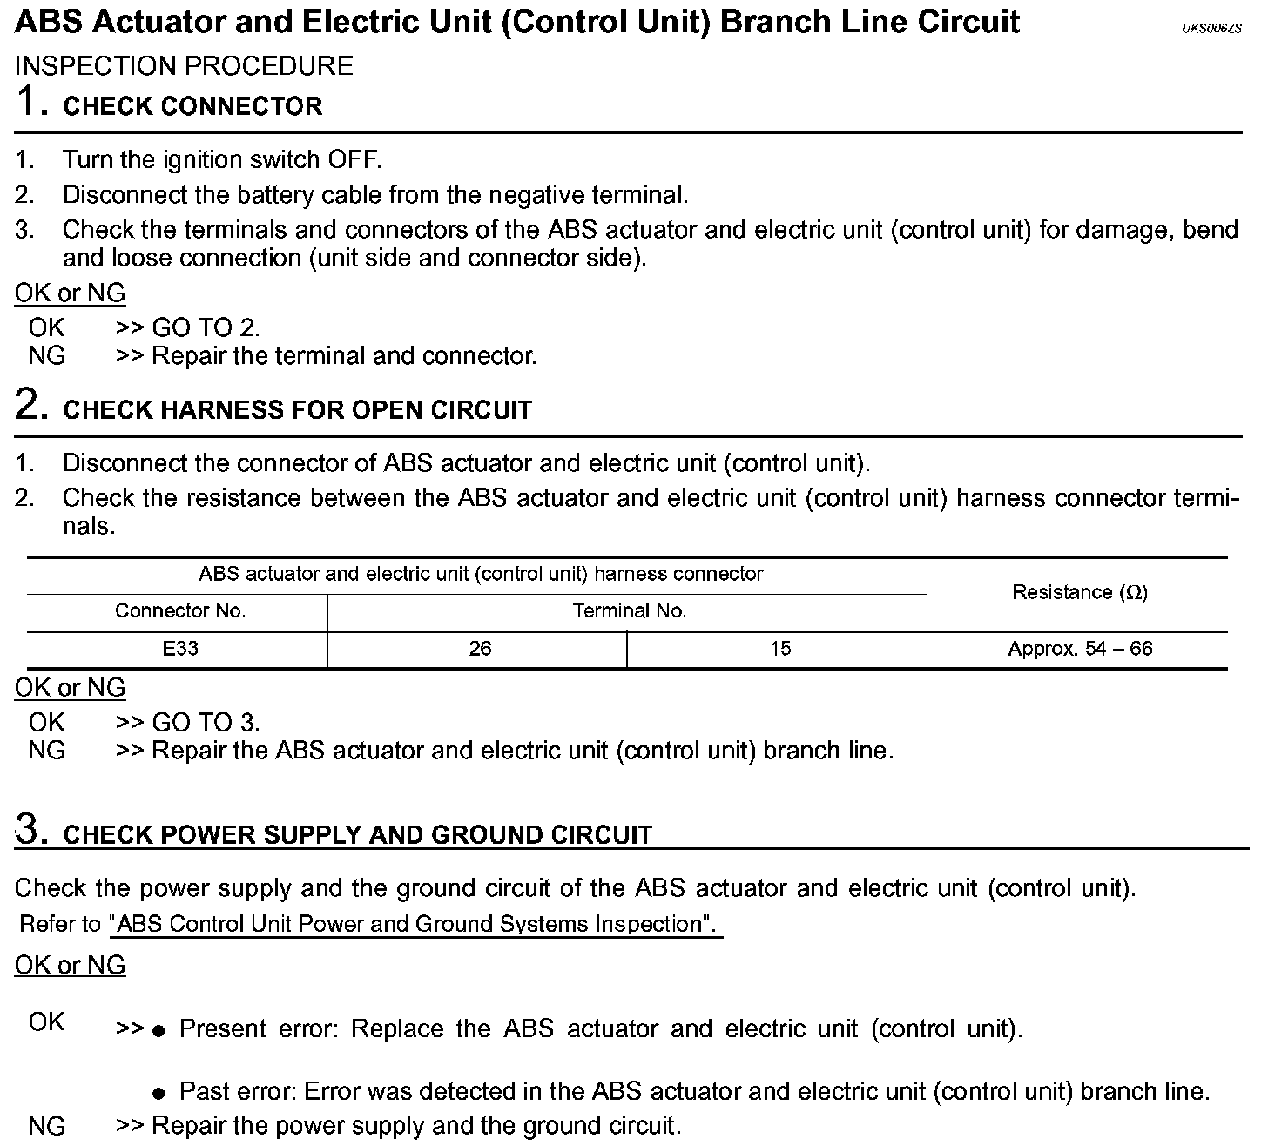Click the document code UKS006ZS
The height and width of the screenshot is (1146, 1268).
[x=1211, y=30]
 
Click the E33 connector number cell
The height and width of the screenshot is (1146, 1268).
[x=179, y=649]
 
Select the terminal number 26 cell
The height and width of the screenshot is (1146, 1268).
[x=480, y=649]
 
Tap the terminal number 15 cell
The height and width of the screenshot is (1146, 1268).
[x=780, y=649]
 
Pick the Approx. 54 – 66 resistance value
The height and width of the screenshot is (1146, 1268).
[x=1080, y=649]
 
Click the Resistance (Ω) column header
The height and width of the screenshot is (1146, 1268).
[x=1080, y=593]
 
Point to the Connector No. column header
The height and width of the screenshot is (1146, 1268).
[x=180, y=611]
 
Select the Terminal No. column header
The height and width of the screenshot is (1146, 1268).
[x=629, y=611]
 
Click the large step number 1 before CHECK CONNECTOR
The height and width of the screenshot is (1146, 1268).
[x=31, y=102]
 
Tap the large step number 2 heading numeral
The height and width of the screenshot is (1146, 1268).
[x=31, y=405]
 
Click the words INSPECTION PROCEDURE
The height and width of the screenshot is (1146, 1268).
[x=185, y=66]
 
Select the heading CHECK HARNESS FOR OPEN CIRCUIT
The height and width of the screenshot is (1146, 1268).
[x=298, y=410]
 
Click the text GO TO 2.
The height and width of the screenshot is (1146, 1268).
[x=206, y=328]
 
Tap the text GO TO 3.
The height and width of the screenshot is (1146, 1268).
[x=206, y=723]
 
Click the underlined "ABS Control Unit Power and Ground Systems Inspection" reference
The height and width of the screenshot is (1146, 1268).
[x=416, y=924]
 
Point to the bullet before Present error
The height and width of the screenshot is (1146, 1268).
[x=158, y=1031]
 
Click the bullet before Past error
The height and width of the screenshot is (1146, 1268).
[x=158, y=1094]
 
